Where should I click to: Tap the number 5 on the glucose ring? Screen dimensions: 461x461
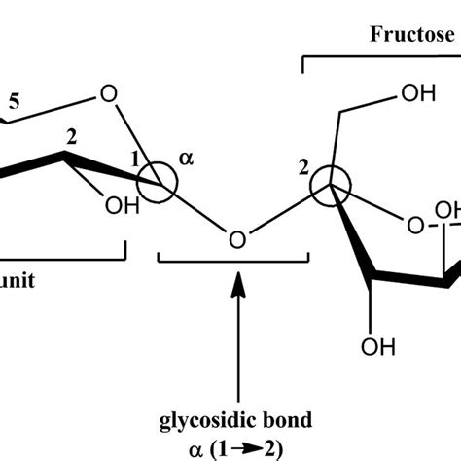[13, 100]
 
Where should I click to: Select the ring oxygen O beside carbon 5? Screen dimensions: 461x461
[108, 95]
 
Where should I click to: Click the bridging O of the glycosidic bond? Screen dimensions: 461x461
[235, 237]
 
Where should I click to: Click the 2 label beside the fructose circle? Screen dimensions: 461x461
[304, 168]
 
